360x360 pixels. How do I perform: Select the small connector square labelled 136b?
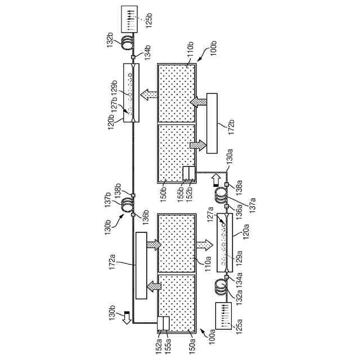(133, 213)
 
